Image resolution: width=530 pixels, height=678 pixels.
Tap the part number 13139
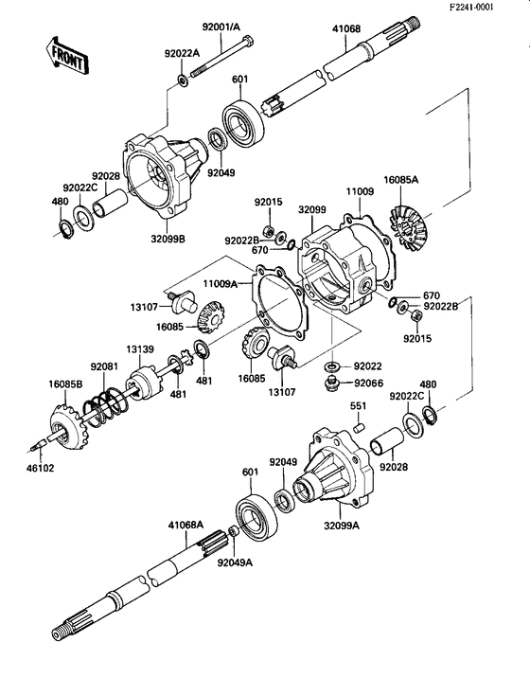tap(142, 348)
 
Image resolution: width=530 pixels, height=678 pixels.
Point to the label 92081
tap(104, 366)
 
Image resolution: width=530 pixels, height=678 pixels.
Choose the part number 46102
tap(42, 467)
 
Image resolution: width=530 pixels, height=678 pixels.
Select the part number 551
tap(358, 406)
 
